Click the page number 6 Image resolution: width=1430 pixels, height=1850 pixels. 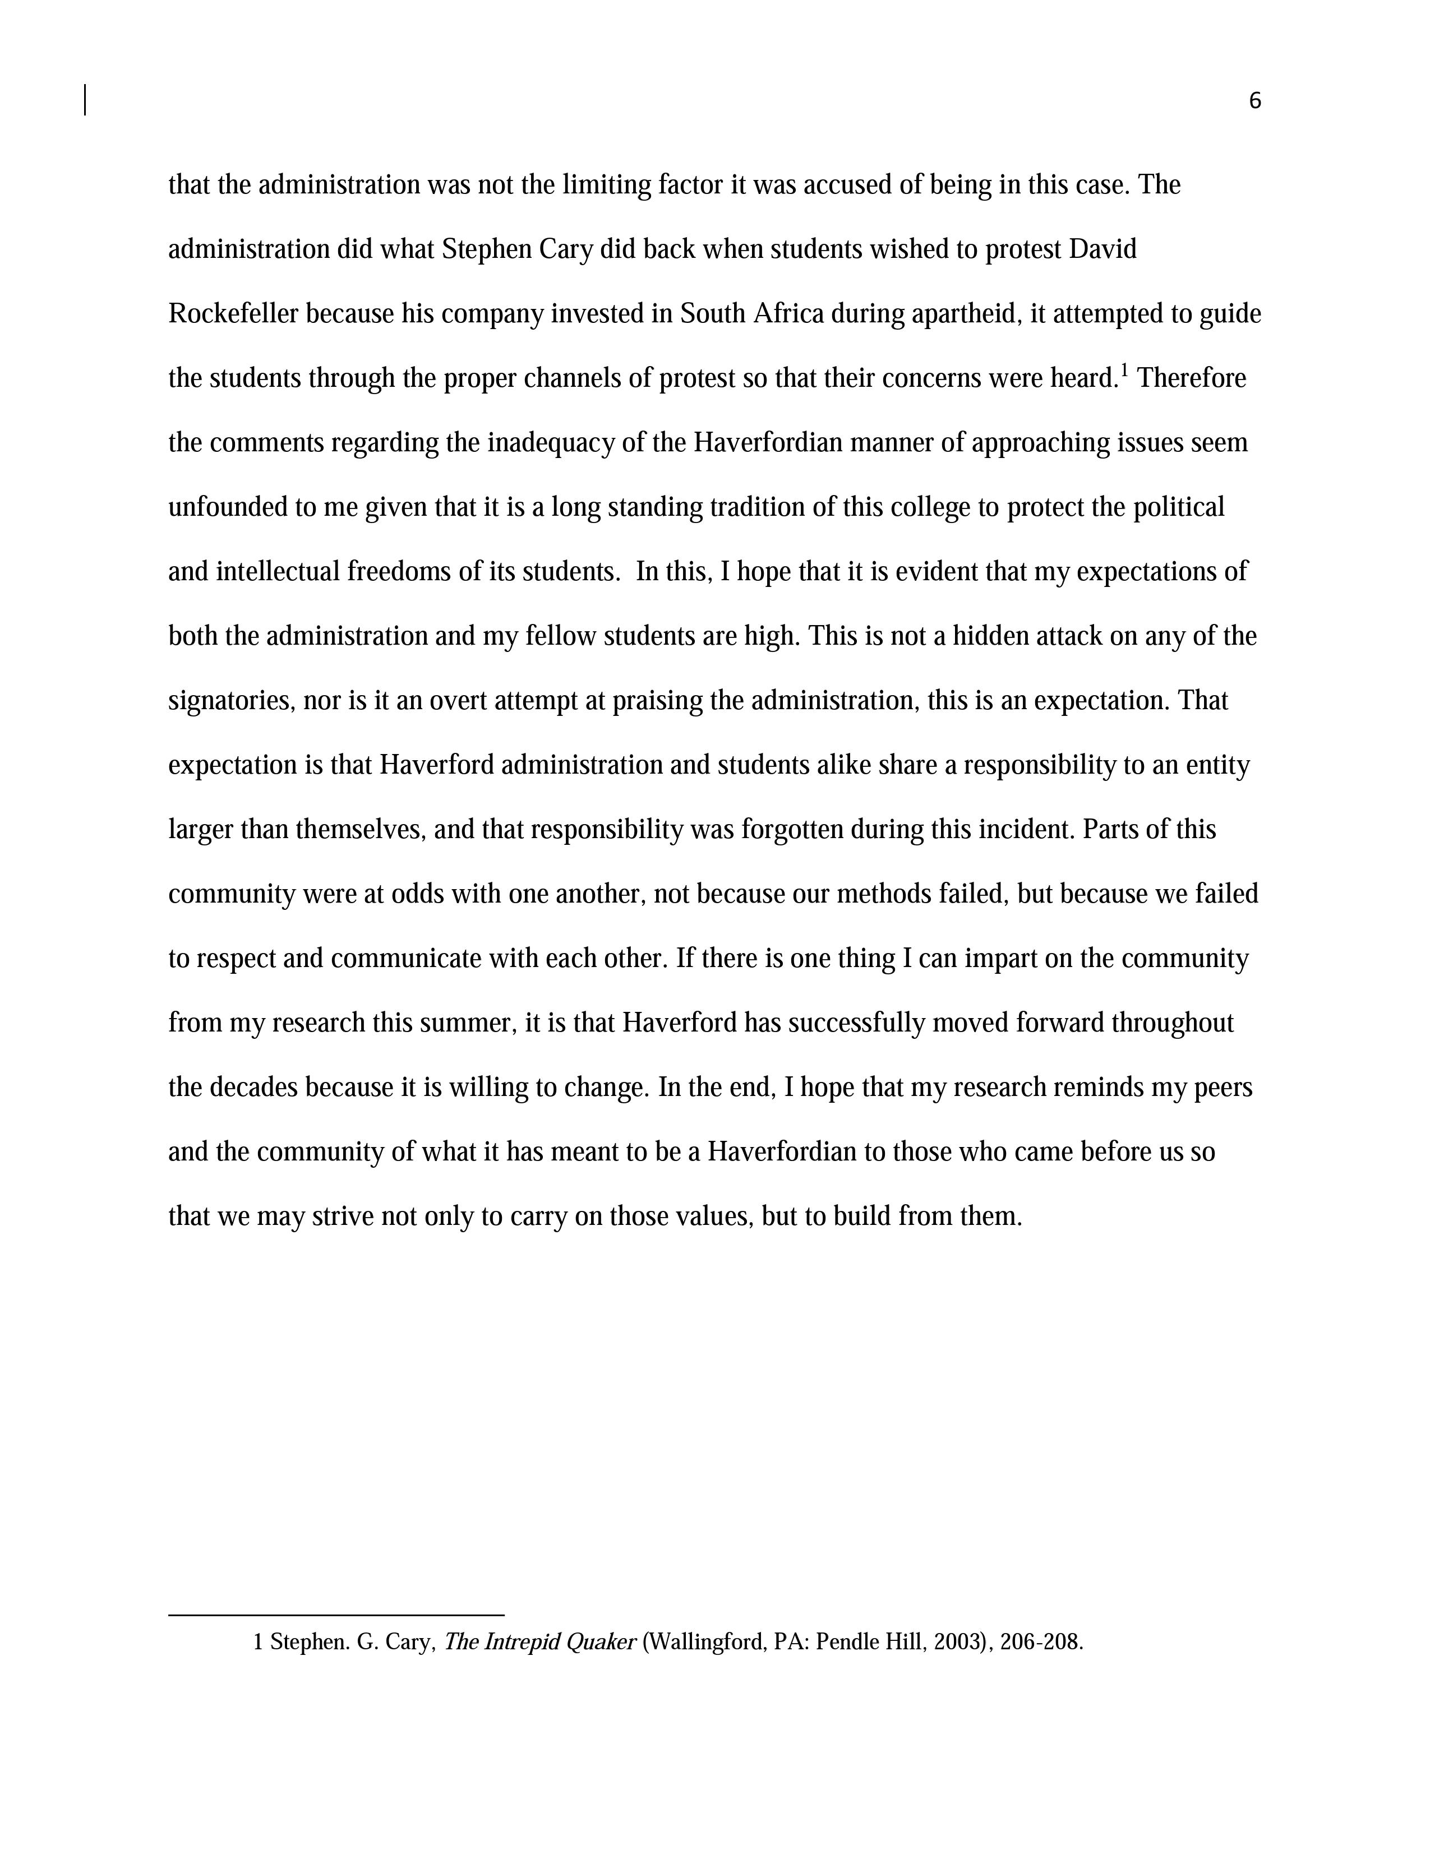[1254, 101]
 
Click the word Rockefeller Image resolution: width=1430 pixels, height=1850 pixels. [233, 314]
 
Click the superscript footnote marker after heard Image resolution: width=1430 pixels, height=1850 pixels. [1124, 370]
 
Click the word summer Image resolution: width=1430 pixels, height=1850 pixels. [473, 1024]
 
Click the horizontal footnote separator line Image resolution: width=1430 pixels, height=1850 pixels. [336, 1615]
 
